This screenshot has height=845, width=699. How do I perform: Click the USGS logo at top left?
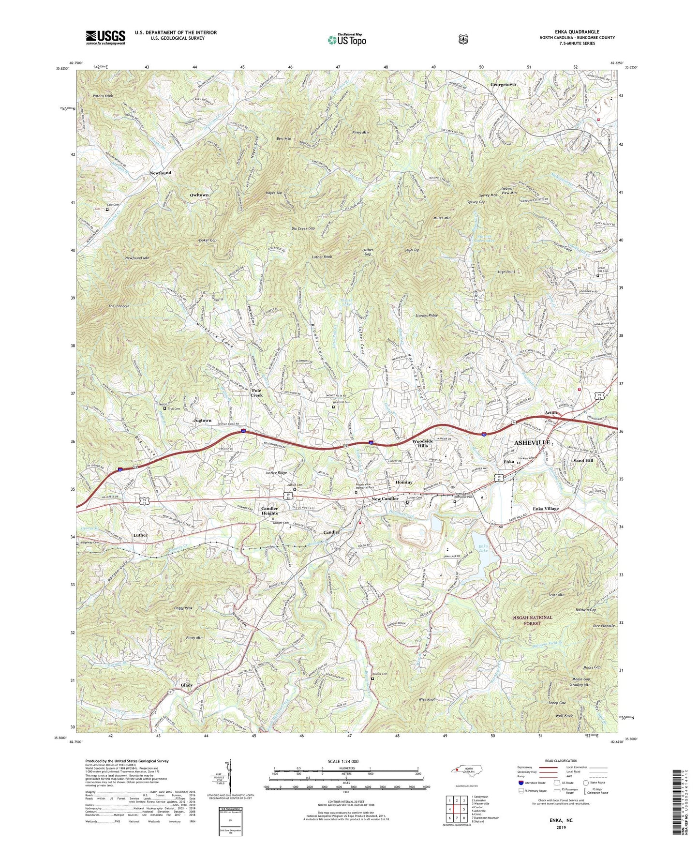(x=105, y=37)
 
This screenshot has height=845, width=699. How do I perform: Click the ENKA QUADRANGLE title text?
(x=577, y=31)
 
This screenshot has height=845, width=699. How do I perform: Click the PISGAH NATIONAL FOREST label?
(x=533, y=620)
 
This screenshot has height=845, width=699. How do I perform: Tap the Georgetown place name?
(x=503, y=84)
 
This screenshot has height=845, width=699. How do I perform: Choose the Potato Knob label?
(x=104, y=96)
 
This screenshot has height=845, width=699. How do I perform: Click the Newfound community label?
(x=160, y=173)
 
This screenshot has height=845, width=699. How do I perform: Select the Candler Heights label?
(x=269, y=511)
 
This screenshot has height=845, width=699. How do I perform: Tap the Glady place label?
(x=187, y=685)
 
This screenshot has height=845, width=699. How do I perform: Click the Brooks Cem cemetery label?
(x=380, y=674)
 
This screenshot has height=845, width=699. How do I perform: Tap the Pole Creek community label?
(x=256, y=392)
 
